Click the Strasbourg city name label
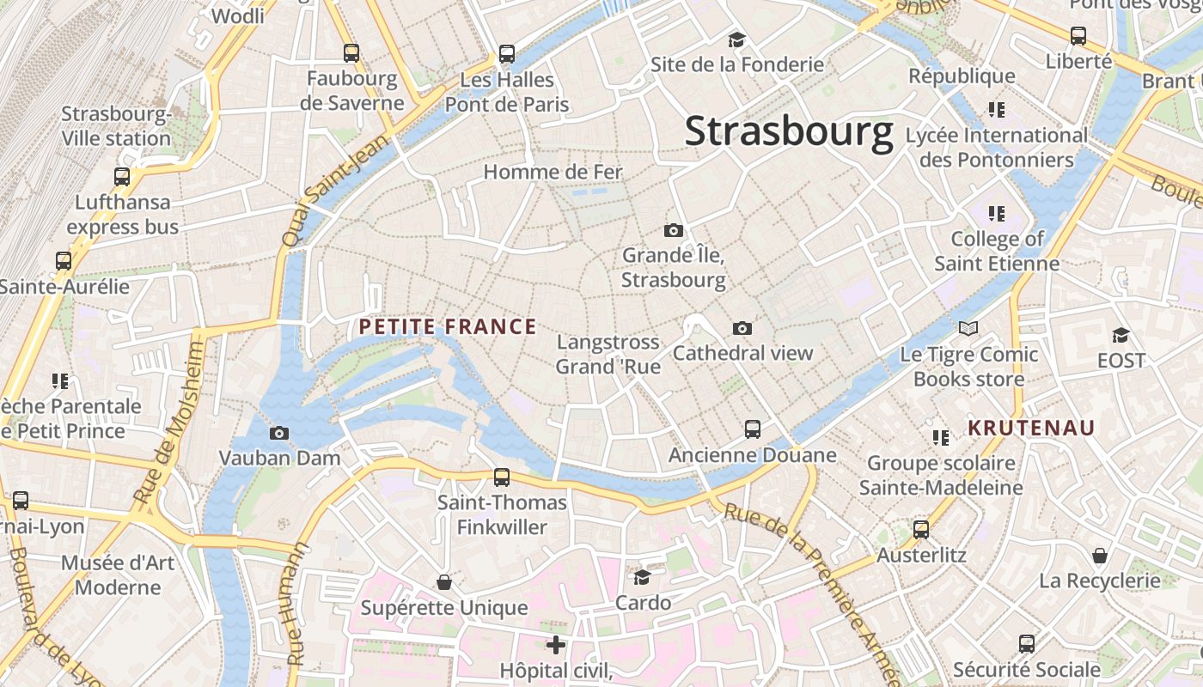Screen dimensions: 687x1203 tap(789, 131)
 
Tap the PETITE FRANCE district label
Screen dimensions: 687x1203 tap(448, 327)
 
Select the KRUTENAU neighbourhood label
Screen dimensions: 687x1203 tap(1031, 428)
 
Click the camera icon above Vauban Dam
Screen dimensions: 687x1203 tap(279, 433)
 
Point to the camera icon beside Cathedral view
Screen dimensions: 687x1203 tap(742, 328)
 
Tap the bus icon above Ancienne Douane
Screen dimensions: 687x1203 tap(753, 429)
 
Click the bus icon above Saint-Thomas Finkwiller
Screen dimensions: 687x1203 tap(502, 477)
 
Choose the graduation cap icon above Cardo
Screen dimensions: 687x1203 tap(643, 577)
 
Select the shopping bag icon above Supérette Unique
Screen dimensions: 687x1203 tap(444, 583)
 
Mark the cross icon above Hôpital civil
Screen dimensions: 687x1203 tap(556, 644)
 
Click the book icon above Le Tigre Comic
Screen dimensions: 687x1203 tap(968, 328)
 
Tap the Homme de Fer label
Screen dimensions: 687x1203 tap(553, 172)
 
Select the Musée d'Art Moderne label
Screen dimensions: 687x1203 tap(118, 575)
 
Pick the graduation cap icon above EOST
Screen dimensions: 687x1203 tap(1121, 335)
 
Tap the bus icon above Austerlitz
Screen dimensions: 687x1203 tap(921, 529)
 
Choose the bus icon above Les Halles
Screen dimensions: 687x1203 tap(507, 54)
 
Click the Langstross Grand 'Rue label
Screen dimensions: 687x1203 tap(608, 354)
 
